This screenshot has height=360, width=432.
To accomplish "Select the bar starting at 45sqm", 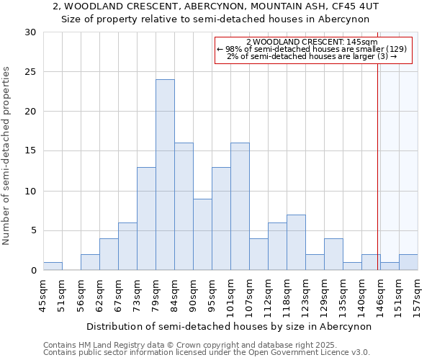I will (53, 266).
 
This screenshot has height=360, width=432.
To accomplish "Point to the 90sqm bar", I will (202, 235).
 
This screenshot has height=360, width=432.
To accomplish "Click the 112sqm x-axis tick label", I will (268, 294).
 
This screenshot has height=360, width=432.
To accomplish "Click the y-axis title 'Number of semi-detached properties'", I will (7, 156).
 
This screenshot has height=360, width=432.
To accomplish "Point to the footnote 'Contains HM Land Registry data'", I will (143, 345).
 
